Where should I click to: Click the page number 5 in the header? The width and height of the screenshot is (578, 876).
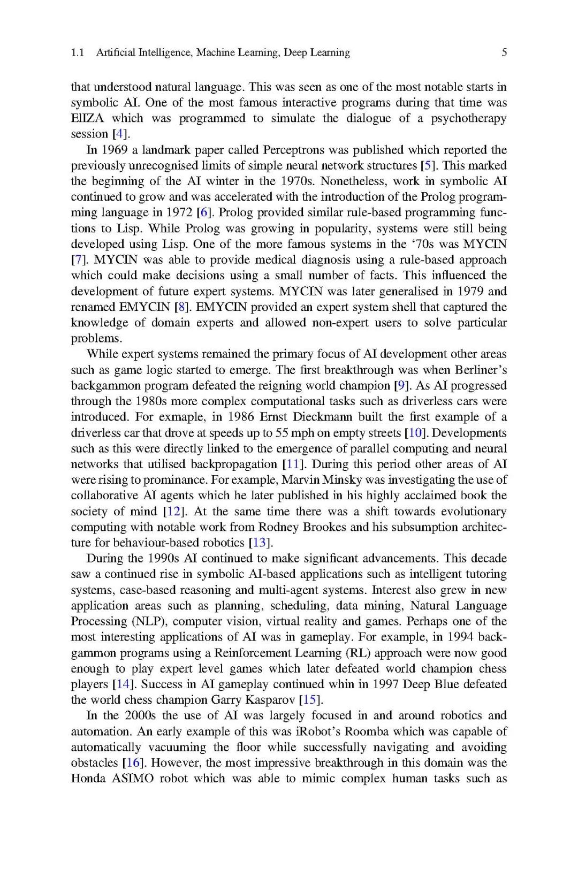504,52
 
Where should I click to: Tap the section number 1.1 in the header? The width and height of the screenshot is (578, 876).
78,52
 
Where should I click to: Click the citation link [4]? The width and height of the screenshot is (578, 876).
121,134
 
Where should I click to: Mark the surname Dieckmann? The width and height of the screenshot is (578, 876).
323,417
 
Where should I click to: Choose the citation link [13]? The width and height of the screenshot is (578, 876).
261,543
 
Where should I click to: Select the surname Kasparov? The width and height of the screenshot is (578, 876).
269,700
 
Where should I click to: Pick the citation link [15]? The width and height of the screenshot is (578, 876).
311,700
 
